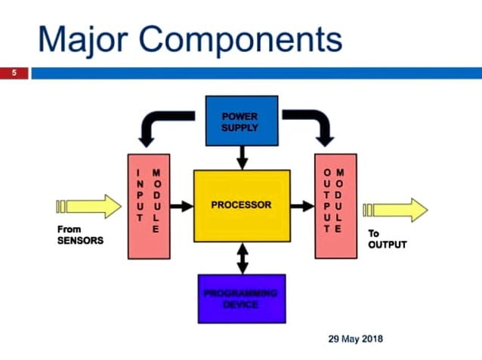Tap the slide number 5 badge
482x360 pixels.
14,73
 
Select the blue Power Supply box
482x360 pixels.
241,121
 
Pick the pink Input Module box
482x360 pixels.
148,205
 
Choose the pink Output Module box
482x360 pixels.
334,205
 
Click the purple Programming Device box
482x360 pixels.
241,298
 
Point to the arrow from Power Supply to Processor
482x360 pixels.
241,157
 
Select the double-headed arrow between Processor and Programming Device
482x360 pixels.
241,258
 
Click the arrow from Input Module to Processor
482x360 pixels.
181,205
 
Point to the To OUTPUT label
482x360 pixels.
387,239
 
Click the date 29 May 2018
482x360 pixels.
355,339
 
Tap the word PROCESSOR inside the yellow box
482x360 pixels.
241,205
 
